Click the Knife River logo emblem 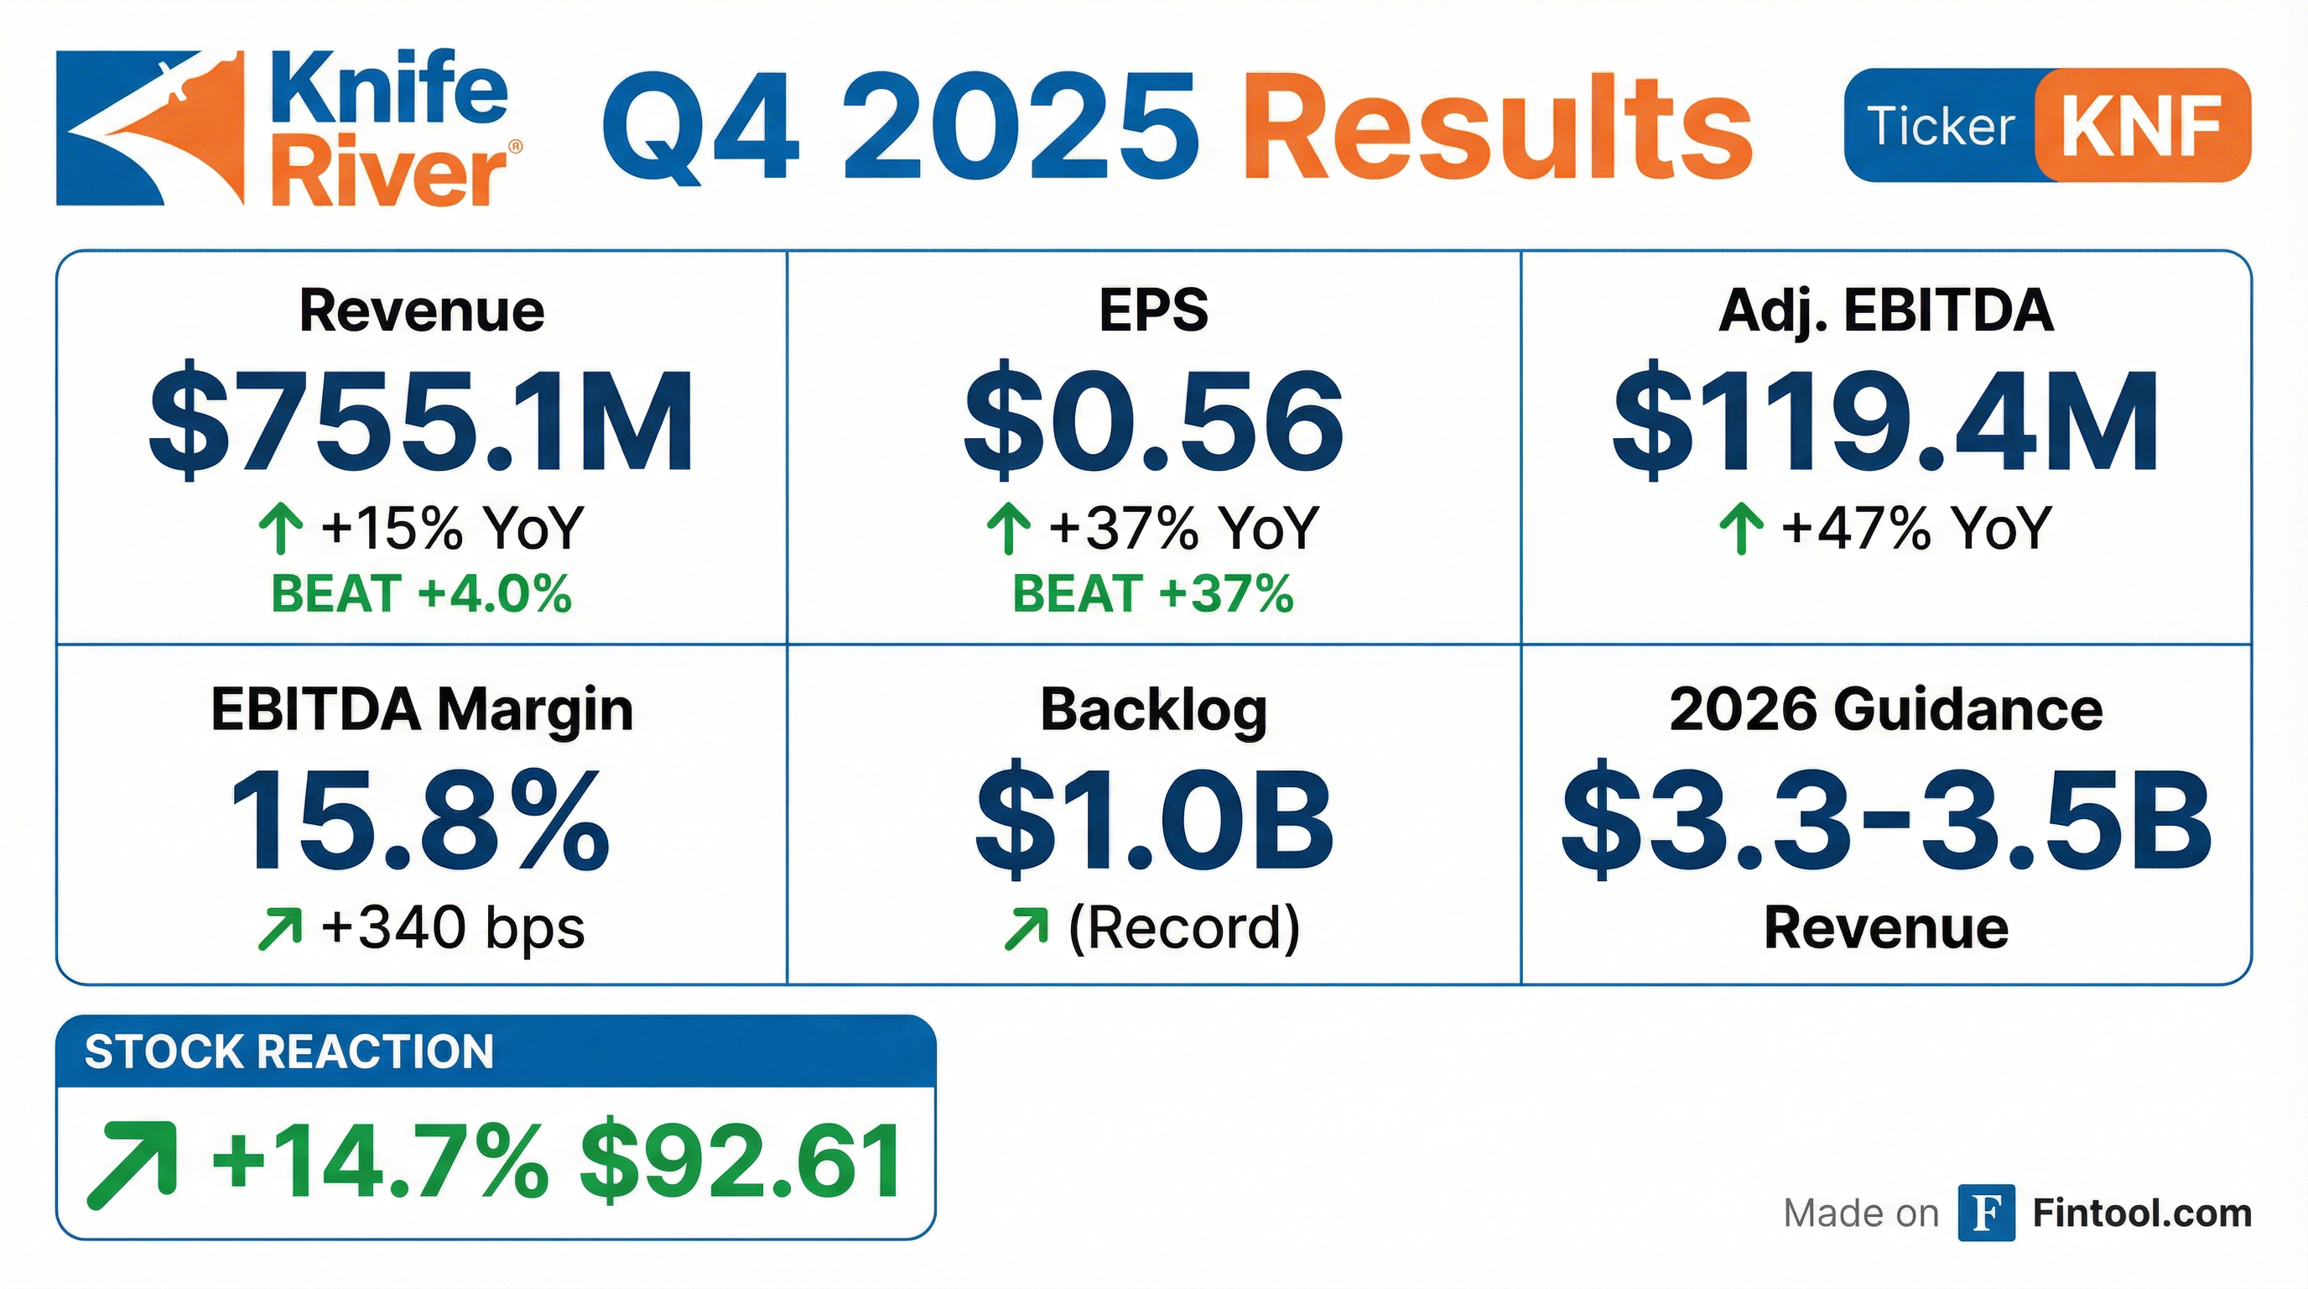[150, 128]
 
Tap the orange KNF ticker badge [2140, 126]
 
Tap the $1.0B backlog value [1154, 821]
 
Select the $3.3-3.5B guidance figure [1886, 821]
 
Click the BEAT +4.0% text [421, 594]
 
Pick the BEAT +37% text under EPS [1153, 594]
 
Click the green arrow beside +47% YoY [1741, 528]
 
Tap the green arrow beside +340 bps [278, 929]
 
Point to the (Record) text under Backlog [1183, 928]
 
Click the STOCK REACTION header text [288, 1052]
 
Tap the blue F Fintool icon [1985, 1213]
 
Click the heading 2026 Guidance [1886, 710]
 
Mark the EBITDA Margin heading [421, 710]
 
